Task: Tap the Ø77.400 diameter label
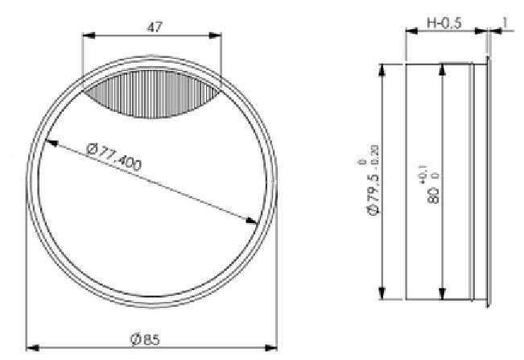112,156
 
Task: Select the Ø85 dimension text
146,338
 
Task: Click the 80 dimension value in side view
434,194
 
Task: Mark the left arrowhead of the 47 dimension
88,35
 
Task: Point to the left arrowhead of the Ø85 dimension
31,348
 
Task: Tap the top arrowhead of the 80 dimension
441,68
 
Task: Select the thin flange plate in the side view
488,180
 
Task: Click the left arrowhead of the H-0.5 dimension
410,32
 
